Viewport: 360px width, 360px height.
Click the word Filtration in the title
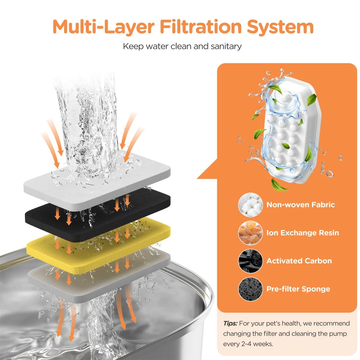pyautogui.click(x=201, y=27)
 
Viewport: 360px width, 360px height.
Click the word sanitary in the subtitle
pyautogui.click(x=226, y=46)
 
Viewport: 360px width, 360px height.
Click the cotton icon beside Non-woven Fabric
pyautogui.click(x=250, y=205)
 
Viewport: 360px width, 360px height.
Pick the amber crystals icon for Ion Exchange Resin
pyautogui.click(x=250, y=233)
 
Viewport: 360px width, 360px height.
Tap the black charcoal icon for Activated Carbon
pyautogui.click(x=250, y=261)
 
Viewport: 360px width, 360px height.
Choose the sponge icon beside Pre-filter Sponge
pyautogui.click(x=250, y=289)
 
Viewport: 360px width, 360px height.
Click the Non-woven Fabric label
pyautogui.click(x=301, y=204)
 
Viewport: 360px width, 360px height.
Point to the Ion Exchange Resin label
pyautogui.click(x=303, y=233)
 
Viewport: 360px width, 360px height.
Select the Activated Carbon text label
pyautogui.click(x=299, y=261)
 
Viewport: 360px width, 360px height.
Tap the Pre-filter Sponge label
pyautogui.click(x=298, y=289)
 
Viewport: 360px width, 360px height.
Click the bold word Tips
pyautogui.click(x=230, y=324)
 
